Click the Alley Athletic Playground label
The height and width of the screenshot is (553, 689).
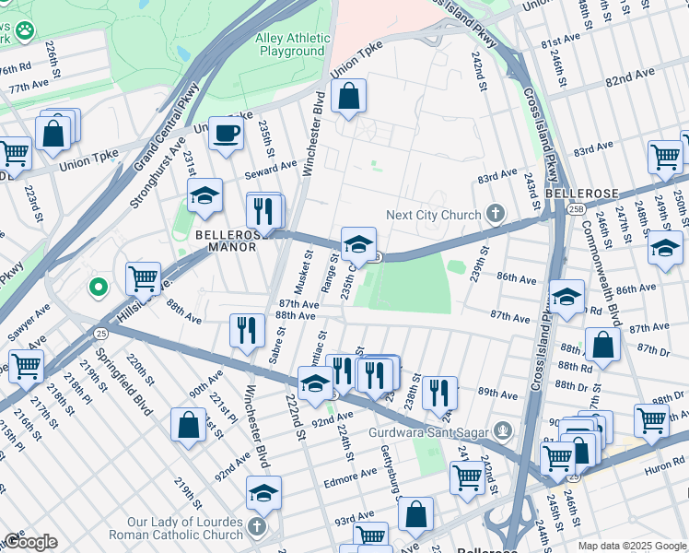(x=292, y=45)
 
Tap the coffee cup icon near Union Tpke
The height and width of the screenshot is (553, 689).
(x=226, y=135)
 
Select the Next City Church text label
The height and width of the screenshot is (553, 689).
(x=433, y=215)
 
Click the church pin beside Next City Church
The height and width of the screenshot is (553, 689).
(x=496, y=215)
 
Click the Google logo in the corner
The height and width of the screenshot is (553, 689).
(x=29, y=541)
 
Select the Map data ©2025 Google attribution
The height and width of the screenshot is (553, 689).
(x=632, y=546)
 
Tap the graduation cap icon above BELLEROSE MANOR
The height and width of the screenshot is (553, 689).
(x=205, y=195)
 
